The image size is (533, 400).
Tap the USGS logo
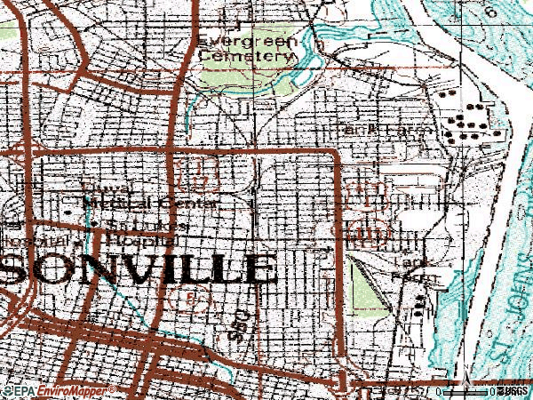click(x=513, y=390)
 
